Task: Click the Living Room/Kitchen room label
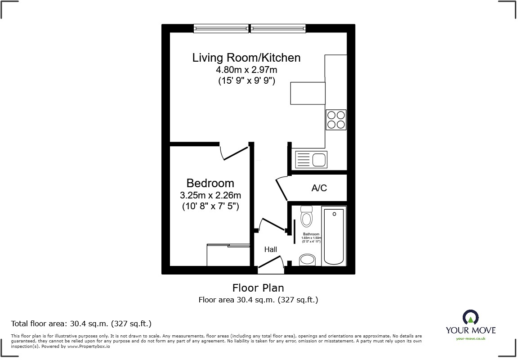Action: [246, 58]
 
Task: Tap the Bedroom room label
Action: [210, 183]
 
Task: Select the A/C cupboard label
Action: [319, 188]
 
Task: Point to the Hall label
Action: [270, 249]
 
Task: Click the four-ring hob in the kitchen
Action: [336, 120]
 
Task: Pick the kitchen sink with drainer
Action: [311, 159]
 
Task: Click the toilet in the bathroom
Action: [307, 217]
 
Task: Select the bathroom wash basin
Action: [308, 260]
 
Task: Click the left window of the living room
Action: [221, 28]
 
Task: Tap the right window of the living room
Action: [278, 28]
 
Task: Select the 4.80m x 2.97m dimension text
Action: [246, 70]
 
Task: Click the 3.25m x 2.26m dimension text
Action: [210, 195]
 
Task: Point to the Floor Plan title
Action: [258, 288]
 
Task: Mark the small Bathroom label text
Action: [311, 234]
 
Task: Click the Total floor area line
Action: [81, 324]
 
